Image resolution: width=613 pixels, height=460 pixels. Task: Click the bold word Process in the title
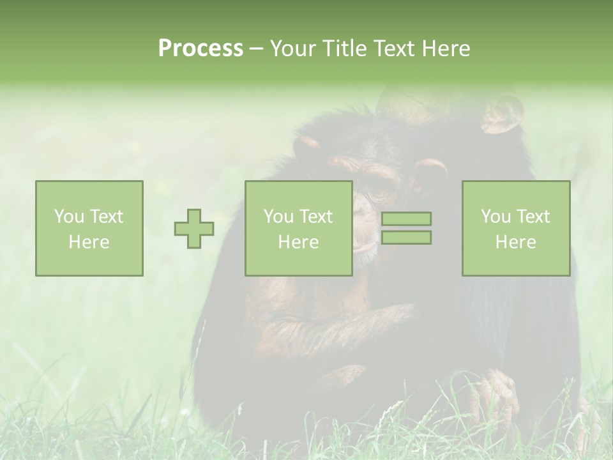(x=201, y=49)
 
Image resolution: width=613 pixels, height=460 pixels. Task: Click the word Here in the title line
(x=446, y=49)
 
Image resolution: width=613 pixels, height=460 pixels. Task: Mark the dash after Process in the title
(x=257, y=49)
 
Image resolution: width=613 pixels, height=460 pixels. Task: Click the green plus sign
(x=194, y=229)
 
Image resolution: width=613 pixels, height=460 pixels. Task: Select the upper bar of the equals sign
(x=406, y=218)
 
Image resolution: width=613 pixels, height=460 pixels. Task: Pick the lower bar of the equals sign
(x=406, y=238)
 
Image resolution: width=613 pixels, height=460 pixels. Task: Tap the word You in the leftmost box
(x=68, y=217)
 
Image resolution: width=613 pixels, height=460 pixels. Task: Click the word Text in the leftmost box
(x=105, y=217)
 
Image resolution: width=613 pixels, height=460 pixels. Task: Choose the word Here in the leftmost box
(x=89, y=242)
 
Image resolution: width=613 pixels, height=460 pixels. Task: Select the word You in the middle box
(x=278, y=217)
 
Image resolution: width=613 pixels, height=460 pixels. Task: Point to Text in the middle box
(x=315, y=217)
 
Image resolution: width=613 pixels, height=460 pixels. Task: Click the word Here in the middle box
(x=298, y=242)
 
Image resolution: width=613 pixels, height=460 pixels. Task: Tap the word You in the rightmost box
(x=495, y=217)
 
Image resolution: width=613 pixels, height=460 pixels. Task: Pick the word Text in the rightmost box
(x=532, y=217)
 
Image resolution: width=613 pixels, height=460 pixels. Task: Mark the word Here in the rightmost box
(x=515, y=242)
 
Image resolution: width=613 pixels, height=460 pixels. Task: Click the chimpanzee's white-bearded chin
(x=365, y=256)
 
